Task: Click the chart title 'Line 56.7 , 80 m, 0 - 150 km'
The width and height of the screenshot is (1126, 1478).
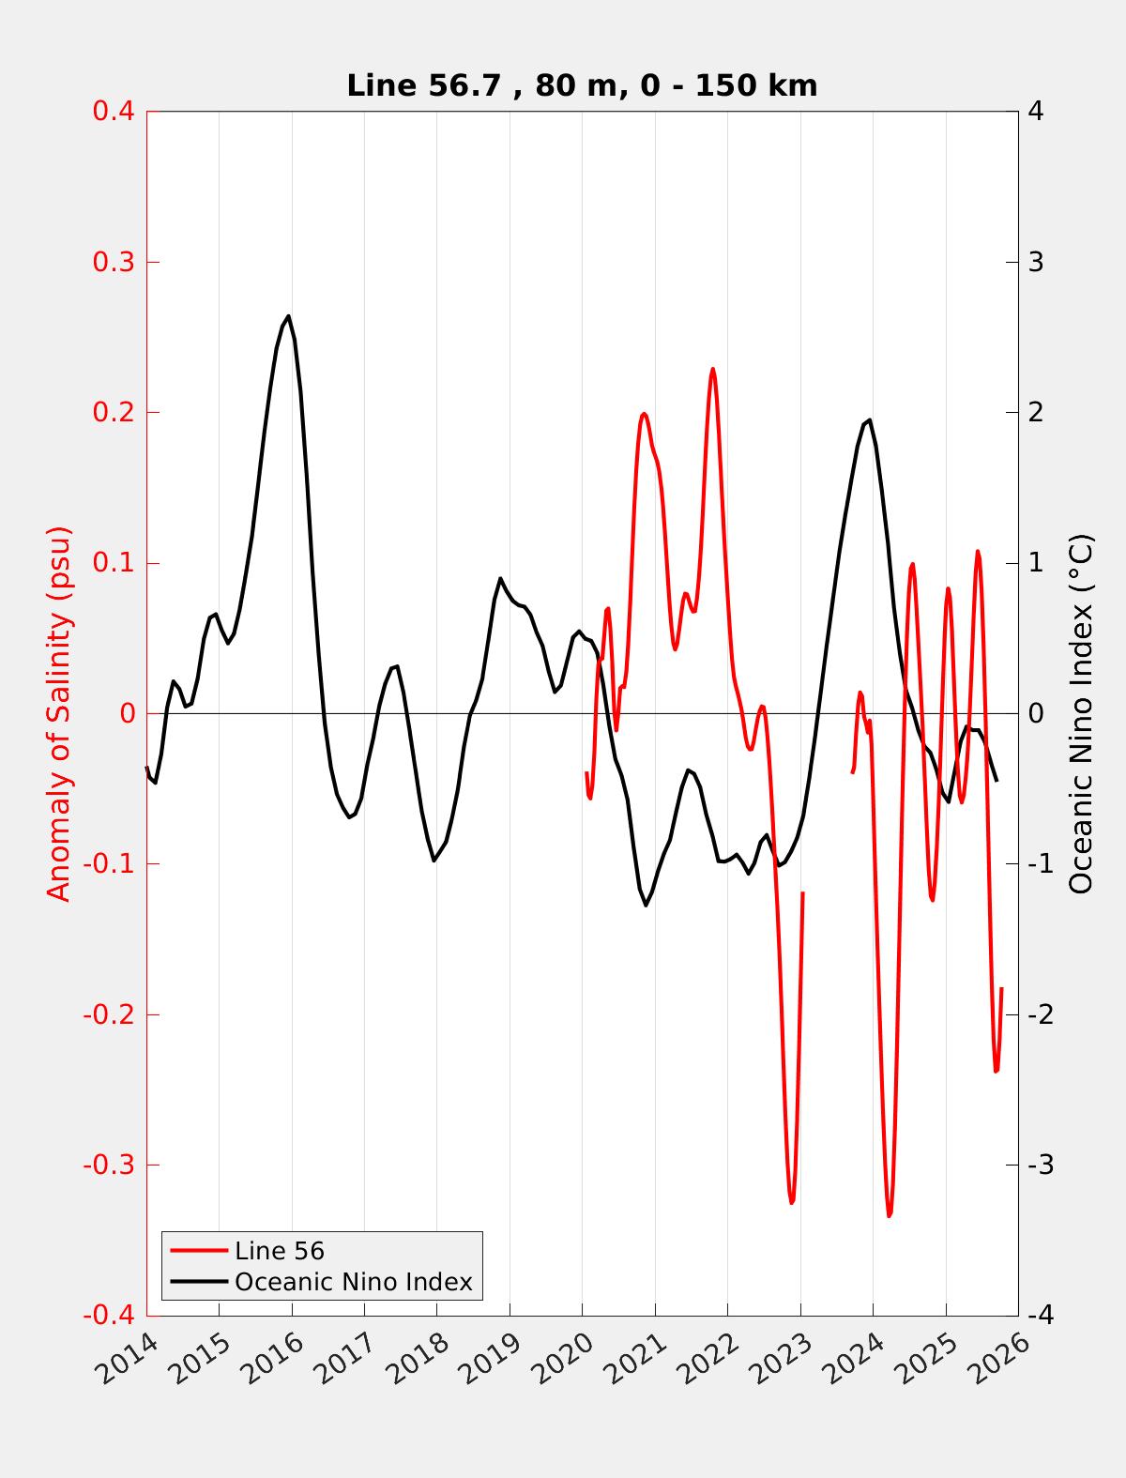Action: (582, 85)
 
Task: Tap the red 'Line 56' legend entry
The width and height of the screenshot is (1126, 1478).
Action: (279, 1251)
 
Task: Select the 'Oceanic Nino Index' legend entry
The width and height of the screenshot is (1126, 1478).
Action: (353, 1282)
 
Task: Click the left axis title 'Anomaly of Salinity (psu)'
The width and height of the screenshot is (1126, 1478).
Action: (59, 713)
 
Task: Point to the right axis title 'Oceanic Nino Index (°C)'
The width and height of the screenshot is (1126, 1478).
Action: (1081, 713)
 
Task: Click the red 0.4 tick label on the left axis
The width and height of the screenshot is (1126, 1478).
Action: (113, 112)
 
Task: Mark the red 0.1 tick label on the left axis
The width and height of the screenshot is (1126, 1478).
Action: (113, 563)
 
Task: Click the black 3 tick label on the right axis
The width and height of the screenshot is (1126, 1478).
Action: (1036, 262)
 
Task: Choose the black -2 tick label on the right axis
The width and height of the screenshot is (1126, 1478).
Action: (1040, 1014)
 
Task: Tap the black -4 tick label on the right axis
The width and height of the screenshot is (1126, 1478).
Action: (1040, 1316)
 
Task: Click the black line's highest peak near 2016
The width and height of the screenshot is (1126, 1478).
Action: (288, 316)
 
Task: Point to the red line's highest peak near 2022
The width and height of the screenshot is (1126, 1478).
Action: (712, 369)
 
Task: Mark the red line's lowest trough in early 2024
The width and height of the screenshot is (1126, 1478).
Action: (889, 1215)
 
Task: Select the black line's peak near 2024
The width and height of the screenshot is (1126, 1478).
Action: (870, 420)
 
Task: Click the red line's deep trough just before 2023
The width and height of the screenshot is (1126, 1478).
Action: (791, 1202)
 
